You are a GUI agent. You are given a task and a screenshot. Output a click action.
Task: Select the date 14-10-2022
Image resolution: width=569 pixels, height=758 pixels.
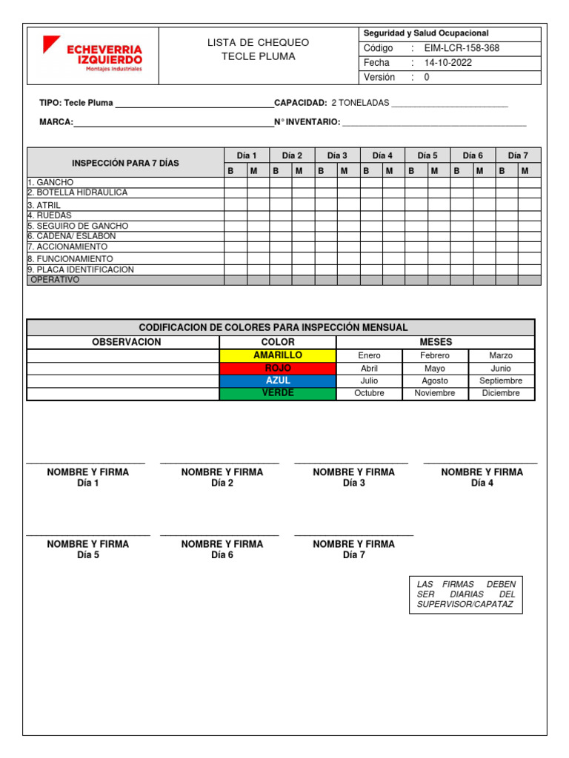tap(447, 63)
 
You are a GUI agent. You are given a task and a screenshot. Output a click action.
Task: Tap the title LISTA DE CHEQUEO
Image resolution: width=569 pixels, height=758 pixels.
tap(258, 42)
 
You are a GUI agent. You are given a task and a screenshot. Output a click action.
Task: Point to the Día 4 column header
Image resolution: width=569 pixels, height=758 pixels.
tap(382, 155)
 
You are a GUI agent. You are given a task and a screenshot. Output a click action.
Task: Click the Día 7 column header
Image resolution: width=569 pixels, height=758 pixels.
tap(518, 155)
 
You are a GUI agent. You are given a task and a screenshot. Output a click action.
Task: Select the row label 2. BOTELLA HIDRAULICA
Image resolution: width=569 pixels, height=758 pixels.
tap(78, 192)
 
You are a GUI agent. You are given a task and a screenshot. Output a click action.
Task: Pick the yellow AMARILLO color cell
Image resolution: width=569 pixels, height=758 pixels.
tap(278, 355)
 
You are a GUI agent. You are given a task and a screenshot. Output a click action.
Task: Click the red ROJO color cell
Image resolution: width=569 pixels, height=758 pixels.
tap(278, 368)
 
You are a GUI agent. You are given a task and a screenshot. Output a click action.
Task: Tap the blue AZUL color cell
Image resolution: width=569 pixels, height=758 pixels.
tap(278, 380)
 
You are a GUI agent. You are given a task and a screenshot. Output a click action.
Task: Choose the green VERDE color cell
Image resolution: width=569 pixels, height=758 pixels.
tap(278, 393)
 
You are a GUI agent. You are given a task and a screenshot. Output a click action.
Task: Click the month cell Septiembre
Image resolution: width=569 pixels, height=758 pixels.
tap(501, 380)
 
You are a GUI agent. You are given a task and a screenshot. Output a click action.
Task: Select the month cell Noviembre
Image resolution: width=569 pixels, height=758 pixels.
tap(435, 393)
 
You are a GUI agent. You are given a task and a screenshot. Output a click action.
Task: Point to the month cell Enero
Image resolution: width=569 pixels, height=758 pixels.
tap(369, 355)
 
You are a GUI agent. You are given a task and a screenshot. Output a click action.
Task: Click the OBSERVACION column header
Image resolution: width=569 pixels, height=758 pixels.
tap(126, 342)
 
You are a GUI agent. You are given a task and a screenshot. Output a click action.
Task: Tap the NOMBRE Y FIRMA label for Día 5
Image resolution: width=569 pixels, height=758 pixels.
tap(88, 544)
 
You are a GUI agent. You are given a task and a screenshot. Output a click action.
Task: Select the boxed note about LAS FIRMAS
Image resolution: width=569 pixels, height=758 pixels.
tap(465, 595)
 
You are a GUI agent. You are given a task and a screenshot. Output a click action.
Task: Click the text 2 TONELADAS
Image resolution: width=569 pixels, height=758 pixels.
tap(360, 103)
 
